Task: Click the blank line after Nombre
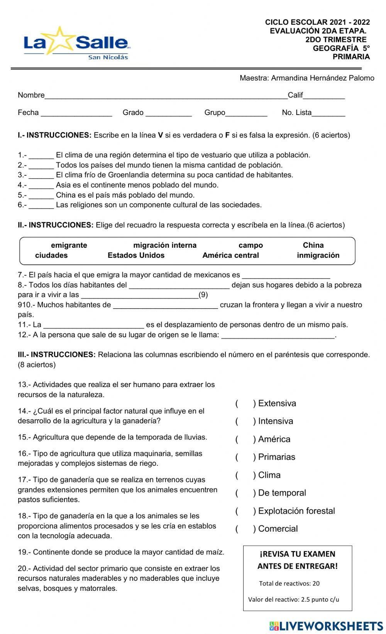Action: click(166, 97)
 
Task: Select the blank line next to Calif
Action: click(324, 97)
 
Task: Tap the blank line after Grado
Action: click(169, 114)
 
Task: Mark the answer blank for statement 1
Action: click(41, 157)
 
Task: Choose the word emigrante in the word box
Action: click(69, 245)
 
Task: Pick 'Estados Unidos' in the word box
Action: click(136, 255)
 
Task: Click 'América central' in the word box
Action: click(230, 255)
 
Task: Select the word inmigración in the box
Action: click(318, 255)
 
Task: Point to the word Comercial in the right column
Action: click(278, 529)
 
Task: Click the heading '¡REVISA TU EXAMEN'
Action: click(297, 554)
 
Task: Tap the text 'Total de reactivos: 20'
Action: click(289, 583)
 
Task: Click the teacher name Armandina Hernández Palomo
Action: click(322, 78)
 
